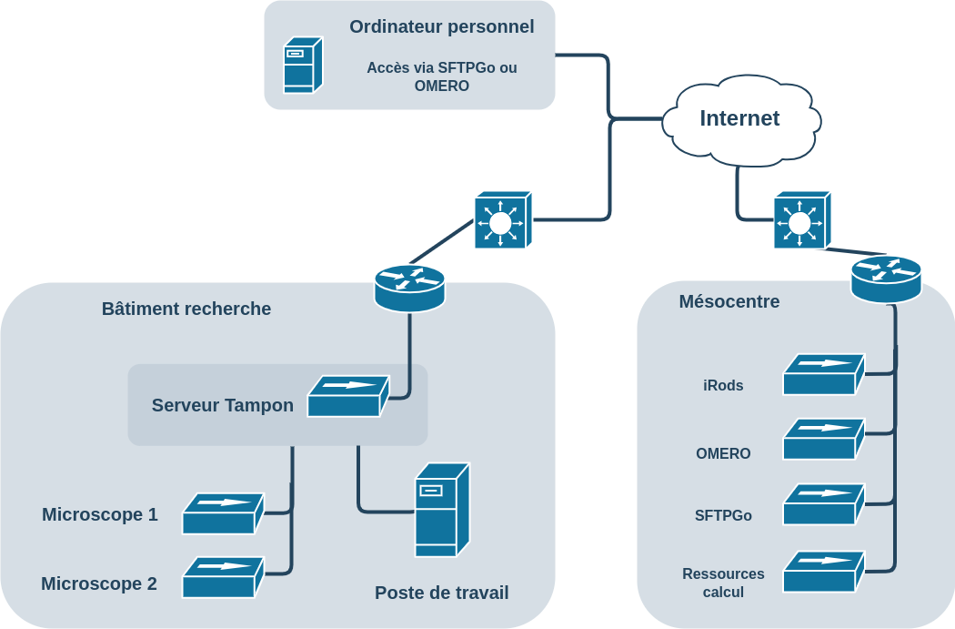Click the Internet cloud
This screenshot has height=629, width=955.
pyautogui.click(x=740, y=120)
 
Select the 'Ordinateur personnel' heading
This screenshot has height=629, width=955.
pyautogui.click(x=441, y=26)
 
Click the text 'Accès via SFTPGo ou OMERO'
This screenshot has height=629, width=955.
pyautogui.click(x=441, y=76)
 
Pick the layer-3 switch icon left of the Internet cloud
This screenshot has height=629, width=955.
pyautogui.click(x=502, y=220)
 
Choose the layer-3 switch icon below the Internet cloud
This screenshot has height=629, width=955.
pyautogui.click(x=801, y=220)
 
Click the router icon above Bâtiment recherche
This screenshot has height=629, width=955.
pyautogui.click(x=409, y=287)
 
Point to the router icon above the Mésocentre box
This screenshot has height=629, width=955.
pyautogui.click(x=886, y=278)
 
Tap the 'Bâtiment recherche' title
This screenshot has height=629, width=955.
pyautogui.click(x=186, y=309)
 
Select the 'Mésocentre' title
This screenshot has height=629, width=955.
pyautogui.click(x=729, y=301)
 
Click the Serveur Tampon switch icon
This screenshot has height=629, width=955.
pyautogui.click(x=347, y=397)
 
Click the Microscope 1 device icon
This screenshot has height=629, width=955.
pyautogui.click(x=223, y=513)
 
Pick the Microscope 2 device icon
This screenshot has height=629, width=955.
pyautogui.click(x=223, y=577)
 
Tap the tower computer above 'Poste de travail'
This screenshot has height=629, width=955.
pyautogui.click(x=441, y=510)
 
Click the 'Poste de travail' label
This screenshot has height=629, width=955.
pyautogui.click(x=441, y=593)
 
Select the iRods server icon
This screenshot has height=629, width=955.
pyautogui.click(x=823, y=374)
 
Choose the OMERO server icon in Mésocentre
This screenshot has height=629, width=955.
pyautogui.click(x=823, y=439)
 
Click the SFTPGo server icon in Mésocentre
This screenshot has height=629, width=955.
pyautogui.click(x=823, y=504)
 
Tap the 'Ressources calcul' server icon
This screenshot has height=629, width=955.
pyautogui.click(x=823, y=571)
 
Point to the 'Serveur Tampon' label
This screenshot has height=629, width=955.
pyautogui.click(x=222, y=405)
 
